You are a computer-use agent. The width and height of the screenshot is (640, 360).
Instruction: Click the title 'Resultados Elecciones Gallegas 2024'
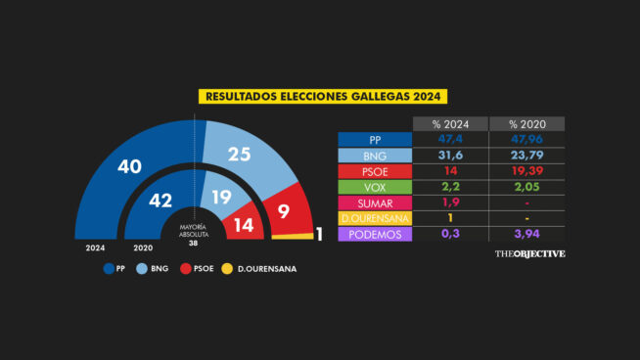323,96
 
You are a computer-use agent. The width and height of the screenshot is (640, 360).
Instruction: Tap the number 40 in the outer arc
130,166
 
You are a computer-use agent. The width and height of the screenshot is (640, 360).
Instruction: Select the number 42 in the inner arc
160,201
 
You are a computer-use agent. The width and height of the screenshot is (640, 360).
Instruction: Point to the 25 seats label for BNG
240,154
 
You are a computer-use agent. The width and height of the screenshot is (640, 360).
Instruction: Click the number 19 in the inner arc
221,198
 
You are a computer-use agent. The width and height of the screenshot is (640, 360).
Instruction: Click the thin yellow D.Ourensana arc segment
293,236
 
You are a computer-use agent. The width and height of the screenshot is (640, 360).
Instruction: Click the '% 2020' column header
527,124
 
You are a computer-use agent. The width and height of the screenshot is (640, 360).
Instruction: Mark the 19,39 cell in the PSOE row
527,171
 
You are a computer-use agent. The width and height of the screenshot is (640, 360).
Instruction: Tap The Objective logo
529,253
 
